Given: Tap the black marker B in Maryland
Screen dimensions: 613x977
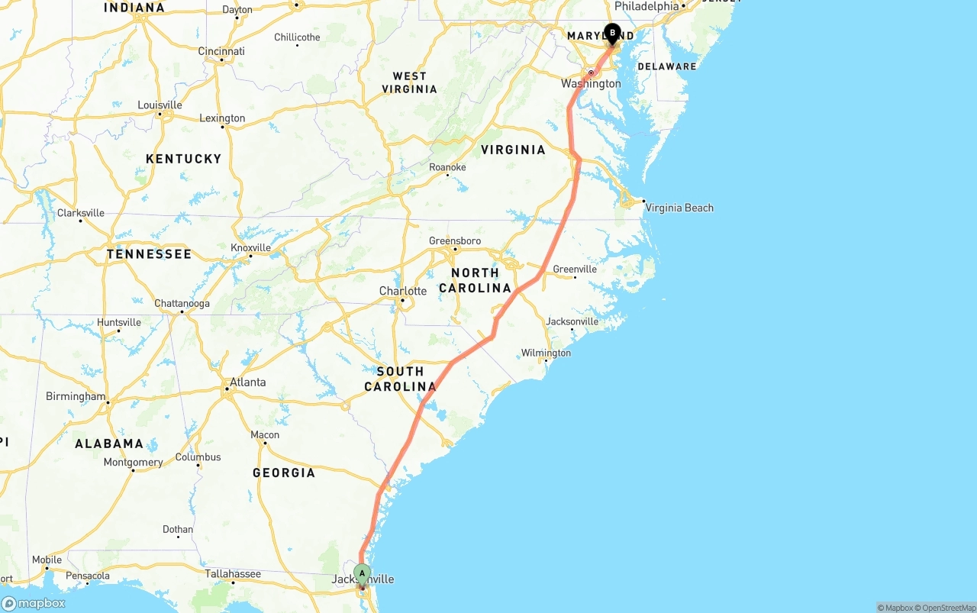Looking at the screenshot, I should (x=612, y=34).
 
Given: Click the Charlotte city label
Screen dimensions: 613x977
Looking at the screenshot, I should (x=403, y=291).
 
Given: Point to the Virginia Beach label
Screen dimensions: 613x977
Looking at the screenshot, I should (x=679, y=208).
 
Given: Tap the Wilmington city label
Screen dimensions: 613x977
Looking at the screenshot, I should (x=546, y=353).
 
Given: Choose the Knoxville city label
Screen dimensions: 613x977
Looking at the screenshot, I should (x=250, y=247).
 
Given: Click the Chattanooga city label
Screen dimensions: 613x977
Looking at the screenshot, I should (x=182, y=303).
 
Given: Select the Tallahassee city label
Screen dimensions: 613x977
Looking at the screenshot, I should (x=233, y=573).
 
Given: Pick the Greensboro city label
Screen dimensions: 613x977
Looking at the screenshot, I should (x=455, y=240).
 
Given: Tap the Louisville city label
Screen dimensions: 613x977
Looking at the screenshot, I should (x=160, y=105).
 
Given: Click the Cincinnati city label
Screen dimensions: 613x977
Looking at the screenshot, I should (x=221, y=51).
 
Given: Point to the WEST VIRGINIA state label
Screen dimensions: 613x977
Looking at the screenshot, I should (x=410, y=82).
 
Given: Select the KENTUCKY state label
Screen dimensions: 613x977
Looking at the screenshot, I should (x=183, y=159).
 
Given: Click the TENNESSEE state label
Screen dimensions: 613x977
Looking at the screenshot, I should (x=149, y=254).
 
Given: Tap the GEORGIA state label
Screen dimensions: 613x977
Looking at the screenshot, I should (x=284, y=473).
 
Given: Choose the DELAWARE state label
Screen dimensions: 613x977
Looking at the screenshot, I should (x=667, y=66).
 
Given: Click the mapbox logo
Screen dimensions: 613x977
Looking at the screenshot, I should (x=34, y=603).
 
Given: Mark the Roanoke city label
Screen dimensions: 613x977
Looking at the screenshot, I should (x=447, y=167).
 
